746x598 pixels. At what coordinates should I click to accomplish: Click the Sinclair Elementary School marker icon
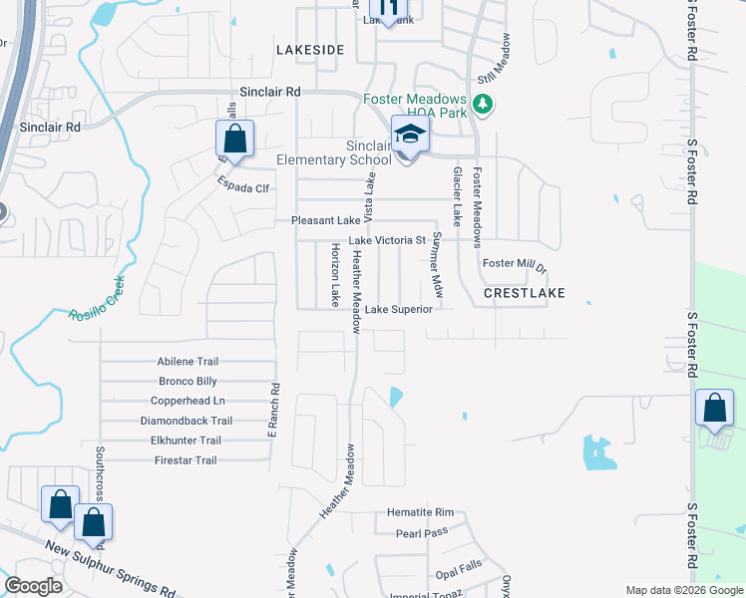pyautogui.click(x=409, y=135)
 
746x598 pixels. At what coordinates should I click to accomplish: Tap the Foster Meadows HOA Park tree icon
pyautogui.click(x=483, y=104)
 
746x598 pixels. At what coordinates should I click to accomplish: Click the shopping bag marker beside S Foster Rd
pyautogui.click(x=714, y=408)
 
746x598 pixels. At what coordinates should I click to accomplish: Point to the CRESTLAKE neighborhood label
pyautogui.click(x=524, y=293)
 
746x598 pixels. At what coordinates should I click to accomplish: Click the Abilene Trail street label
pyautogui.click(x=187, y=362)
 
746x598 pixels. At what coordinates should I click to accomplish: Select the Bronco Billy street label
pyautogui.click(x=187, y=382)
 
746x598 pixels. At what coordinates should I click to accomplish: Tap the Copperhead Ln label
pyautogui.click(x=187, y=401)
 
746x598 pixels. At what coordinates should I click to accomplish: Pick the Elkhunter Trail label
pyautogui.click(x=186, y=441)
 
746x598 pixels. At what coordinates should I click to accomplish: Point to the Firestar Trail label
pyautogui.click(x=186, y=460)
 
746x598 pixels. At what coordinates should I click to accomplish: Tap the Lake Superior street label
pyautogui.click(x=398, y=309)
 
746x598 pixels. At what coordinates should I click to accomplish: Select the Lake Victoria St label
pyautogui.click(x=387, y=240)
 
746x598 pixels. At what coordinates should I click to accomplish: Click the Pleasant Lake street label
pyautogui.click(x=325, y=220)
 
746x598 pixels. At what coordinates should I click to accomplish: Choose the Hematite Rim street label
pyautogui.click(x=420, y=512)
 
